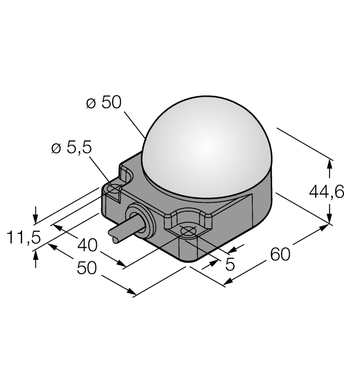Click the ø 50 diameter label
tap(103, 103)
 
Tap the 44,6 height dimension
tap(326, 192)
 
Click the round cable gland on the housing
tap(138, 221)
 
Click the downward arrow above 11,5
tap(36, 215)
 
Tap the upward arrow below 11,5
tap(36, 256)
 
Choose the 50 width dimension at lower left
tap(87, 268)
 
